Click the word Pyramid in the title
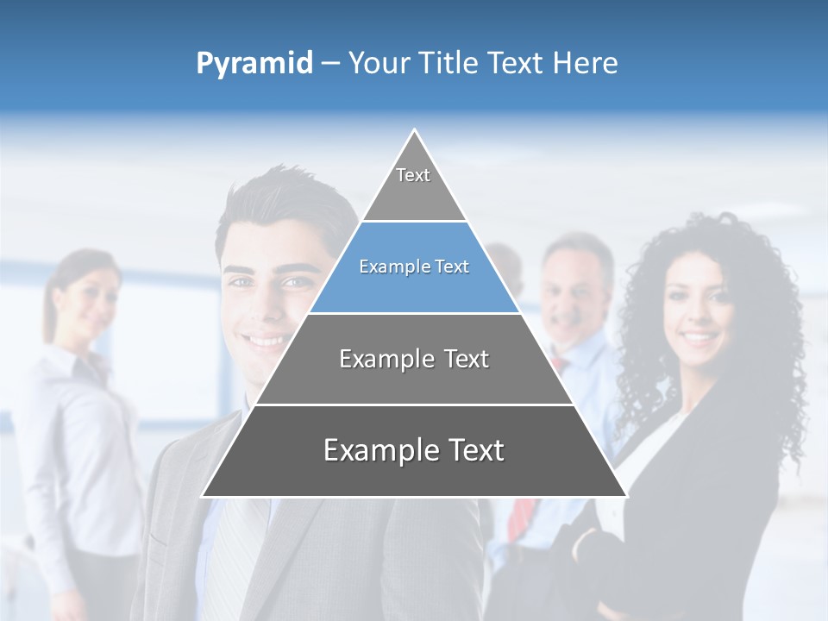[x=254, y=64]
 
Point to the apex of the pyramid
[x=415, y=131]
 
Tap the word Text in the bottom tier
[x=470, y=450]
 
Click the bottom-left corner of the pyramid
[x=204, y=495]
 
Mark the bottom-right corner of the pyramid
[x=625, y=495]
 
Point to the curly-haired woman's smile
[x=700, y=337]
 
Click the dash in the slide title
[x=330, y=64]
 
